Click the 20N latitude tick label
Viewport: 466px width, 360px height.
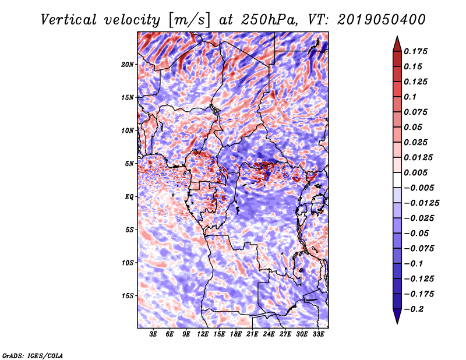point(128,64)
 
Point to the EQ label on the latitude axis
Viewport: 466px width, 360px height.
point(129,197)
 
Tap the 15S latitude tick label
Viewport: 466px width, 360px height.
point(128,296)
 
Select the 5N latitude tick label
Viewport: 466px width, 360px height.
point(129,164)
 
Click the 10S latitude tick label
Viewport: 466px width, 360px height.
point(128,263)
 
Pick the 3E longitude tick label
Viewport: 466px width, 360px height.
point(154,334)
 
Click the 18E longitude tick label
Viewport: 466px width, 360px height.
point(236,334)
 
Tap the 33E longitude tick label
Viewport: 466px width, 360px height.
point(318,334)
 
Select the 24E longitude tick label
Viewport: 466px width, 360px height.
point(269,334)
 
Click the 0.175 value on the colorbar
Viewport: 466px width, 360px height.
point(417,51)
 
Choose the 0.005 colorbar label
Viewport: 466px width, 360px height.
point(417,172)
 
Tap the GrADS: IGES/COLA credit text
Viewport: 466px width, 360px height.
point(32,354)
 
